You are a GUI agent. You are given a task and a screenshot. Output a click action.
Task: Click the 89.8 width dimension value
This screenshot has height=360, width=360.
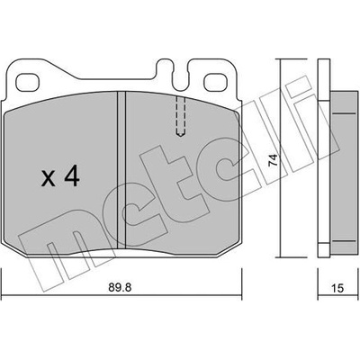click(120, 288)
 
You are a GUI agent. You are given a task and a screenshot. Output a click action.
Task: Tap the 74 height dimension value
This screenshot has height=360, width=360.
click(273, 160)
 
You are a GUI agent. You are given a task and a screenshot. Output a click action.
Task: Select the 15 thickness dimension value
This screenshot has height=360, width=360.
click(337, 289)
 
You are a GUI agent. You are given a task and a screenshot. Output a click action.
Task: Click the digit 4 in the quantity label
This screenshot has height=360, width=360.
click(72, 176)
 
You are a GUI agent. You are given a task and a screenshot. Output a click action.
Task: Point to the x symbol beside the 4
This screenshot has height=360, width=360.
click(49, 179)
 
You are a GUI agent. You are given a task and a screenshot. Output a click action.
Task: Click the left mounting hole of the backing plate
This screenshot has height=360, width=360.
click(28, 82)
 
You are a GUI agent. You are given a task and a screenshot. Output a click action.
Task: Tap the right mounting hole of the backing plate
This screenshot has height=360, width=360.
click(215, 82)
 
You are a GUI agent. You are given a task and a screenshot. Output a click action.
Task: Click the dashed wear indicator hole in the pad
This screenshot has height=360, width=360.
click(180, 116)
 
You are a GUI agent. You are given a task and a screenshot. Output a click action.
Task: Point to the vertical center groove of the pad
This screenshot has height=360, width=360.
click(121, 170)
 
